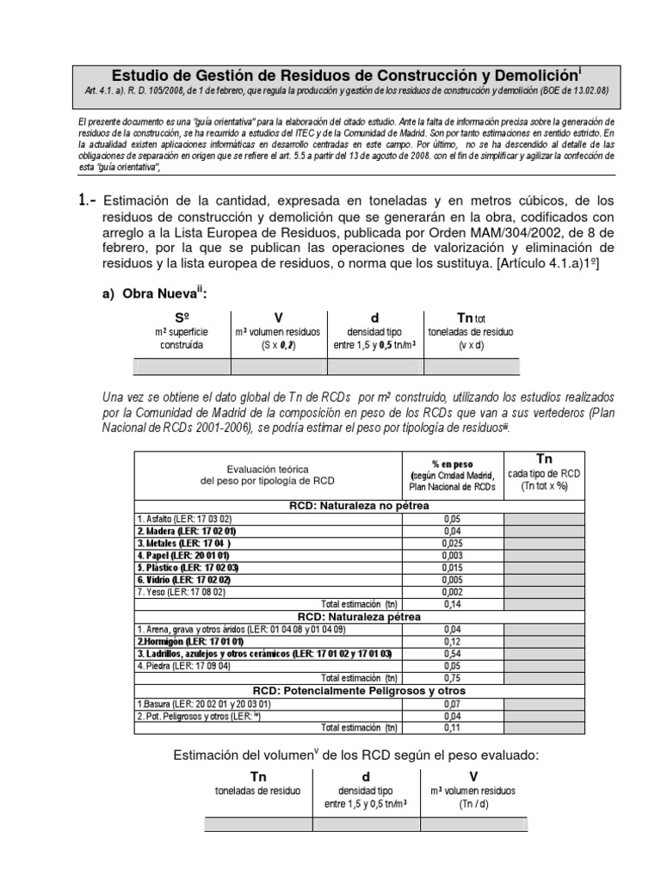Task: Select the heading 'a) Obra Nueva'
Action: tap(154, 294)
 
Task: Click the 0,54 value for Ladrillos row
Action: tap(452, 654)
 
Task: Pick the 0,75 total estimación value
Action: tap(452, 678)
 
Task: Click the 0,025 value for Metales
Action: tap(452, 543)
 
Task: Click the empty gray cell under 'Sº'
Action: tap(182, 367)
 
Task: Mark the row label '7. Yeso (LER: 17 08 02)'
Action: tap(180, 592)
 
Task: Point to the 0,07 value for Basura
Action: tap(452, 703)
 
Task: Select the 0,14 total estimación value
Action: tap(452, 604)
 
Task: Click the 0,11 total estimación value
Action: tap(452, 728)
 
